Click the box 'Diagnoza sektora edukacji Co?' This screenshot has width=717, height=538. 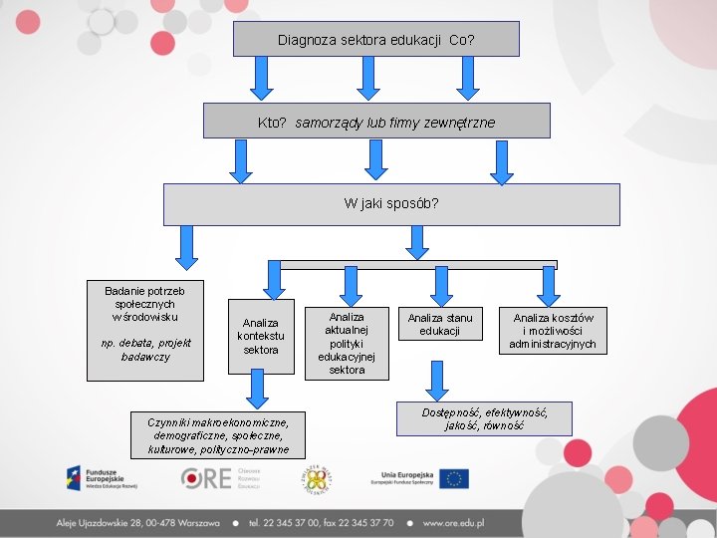coord(375,40)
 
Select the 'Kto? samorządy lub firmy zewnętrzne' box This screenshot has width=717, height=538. coord(375,122)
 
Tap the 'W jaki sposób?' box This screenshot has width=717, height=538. coord(390,203)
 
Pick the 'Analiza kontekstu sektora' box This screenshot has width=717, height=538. coord(261,337)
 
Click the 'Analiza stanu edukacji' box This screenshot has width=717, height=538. coord(439,324)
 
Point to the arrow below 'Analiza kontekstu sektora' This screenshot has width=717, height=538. coord(259,390)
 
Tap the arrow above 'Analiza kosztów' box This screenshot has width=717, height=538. coord(547,285)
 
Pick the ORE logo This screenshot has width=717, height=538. coord(220,478)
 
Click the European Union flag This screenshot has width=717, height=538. coord(455,478)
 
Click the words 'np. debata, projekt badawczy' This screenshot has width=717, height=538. coord(145,350)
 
